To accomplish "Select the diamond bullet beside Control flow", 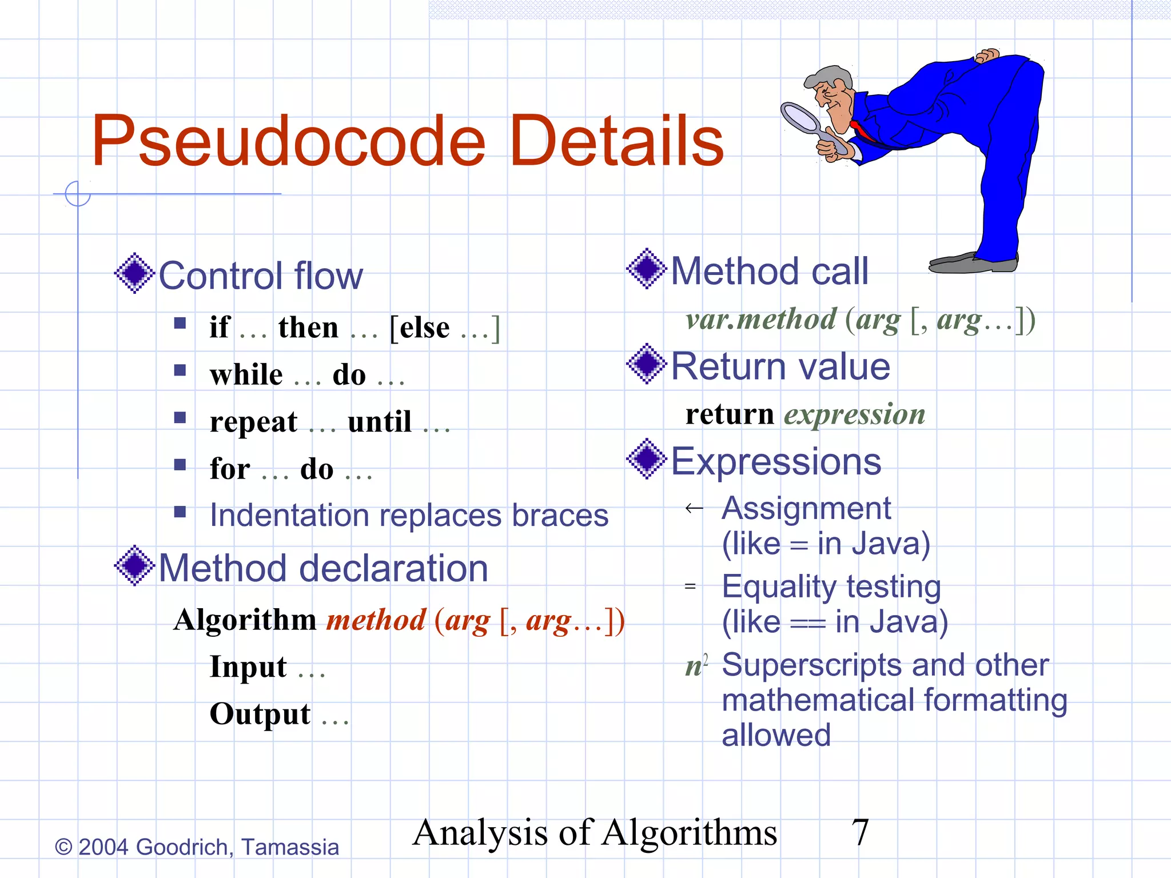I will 134,273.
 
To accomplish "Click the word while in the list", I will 246,375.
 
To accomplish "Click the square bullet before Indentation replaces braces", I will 180,511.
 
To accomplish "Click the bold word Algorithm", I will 245,620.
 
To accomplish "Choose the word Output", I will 260,714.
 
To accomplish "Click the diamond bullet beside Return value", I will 647,364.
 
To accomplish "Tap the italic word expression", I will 854,414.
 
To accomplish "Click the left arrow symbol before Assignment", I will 694,508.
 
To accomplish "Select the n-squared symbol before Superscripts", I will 696,665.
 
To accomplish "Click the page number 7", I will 860,832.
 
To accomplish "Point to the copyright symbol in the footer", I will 63,847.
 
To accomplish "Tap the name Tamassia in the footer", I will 290,847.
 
